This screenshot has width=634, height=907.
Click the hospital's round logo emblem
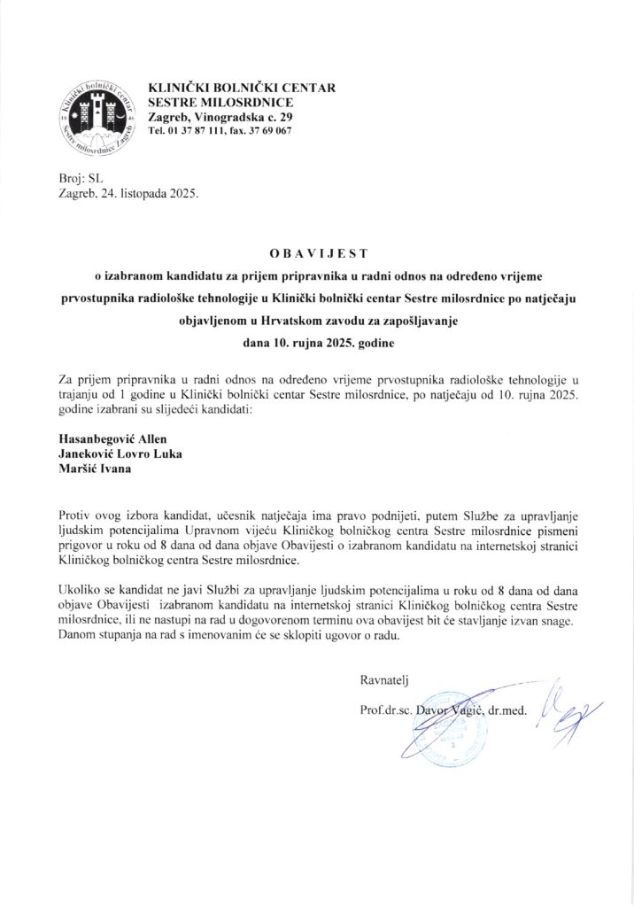(x=95, y=116)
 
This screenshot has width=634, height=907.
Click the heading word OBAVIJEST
(x=317, y=253)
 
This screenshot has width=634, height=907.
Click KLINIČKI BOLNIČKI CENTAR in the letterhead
(x=229, y=89)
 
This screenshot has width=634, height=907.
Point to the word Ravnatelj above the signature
(x=383, y=680)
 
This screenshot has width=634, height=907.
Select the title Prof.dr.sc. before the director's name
(x=387, y=711)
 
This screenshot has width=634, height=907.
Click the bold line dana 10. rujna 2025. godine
(x=317, y=340)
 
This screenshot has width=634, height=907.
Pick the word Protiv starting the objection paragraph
(x=75, y=515)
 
